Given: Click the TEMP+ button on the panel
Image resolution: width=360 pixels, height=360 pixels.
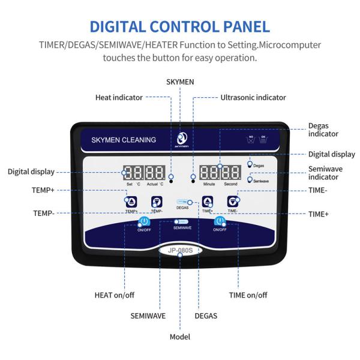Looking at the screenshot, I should (x=131, y=202).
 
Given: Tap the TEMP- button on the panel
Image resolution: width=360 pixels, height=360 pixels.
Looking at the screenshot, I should (x=157, y=202).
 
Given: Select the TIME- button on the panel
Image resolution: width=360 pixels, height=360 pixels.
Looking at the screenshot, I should (x=232, y=202).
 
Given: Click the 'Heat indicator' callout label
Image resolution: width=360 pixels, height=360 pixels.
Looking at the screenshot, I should (x=119, y=97).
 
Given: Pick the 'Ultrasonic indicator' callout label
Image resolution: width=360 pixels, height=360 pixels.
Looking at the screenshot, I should (x=253, y=97).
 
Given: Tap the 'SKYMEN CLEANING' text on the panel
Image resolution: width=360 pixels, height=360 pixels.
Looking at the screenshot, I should (x=124, y=140).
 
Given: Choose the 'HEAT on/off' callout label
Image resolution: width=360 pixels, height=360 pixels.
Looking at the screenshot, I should (x=115, y=295).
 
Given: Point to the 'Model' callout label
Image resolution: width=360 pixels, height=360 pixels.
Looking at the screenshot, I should (x=180, y=337).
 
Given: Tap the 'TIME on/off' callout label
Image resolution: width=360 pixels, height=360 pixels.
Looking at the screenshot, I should (x=248, y=295).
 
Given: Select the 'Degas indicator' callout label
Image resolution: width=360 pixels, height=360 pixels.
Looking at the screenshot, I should (x=323, y=130).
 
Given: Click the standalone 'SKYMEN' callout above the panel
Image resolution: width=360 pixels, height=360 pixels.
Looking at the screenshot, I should (x=180, y=80).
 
